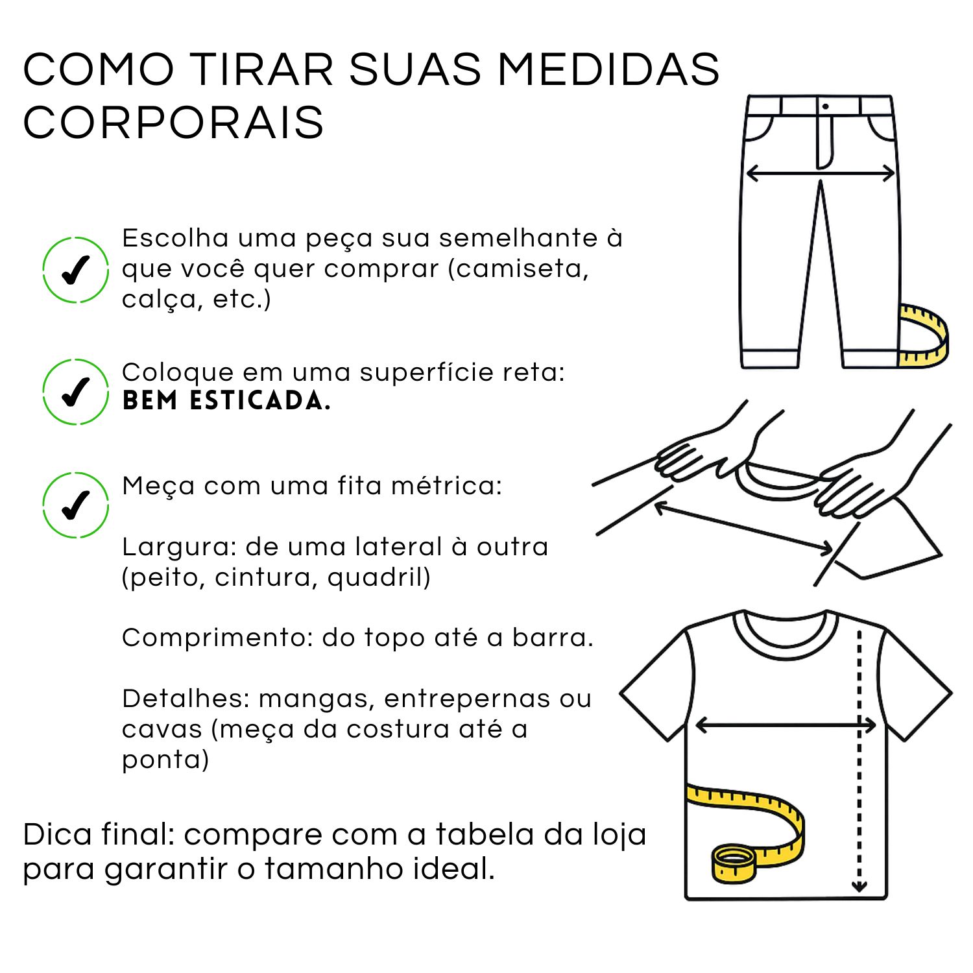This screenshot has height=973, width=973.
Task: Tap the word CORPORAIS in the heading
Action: [x=173, y=122]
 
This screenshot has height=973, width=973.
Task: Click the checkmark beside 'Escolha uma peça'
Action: [x=75, y=270]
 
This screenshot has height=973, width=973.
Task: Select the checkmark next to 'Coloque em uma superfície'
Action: [x=75, y=391]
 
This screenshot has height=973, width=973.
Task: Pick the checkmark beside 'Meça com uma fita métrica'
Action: [x=75, y=505]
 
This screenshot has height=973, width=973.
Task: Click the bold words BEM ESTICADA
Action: [x=226, y=401]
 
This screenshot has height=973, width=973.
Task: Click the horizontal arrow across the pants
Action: [x=821, y=173]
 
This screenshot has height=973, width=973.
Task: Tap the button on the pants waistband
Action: [x=825, y=106]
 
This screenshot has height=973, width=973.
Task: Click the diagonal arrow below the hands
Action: [x=743, y=527]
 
